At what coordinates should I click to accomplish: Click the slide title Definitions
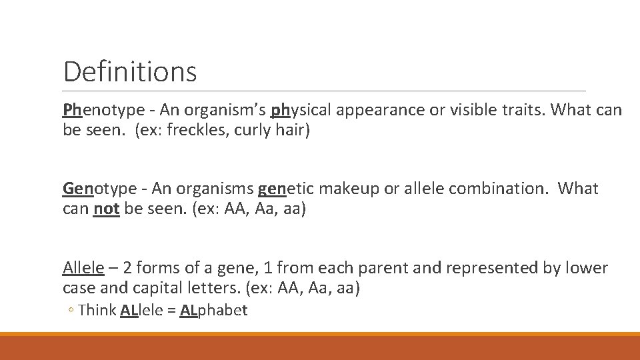click(130, 71)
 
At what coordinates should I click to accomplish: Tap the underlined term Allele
click(83, 268)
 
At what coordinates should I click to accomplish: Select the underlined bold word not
click(106, 209)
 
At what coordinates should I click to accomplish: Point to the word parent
click(384, 268)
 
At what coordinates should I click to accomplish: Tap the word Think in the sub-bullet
click(97, 310)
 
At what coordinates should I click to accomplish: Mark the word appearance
click(387, 110)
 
